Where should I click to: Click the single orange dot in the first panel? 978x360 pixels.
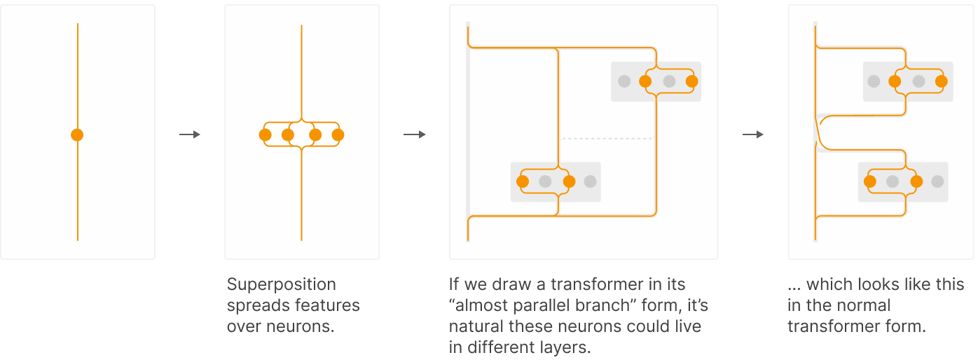click(77, 135)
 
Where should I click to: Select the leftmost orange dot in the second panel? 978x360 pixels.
click(265, 135)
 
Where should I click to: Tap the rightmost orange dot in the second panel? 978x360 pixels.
click(338, 135)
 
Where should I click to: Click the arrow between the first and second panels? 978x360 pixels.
click(190, 134)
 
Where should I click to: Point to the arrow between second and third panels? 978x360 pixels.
click(414, 134)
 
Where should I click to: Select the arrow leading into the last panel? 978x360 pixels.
click(752, 134)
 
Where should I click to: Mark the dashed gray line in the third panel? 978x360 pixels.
click(607, 139)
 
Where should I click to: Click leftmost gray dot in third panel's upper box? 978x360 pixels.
click(624, 81)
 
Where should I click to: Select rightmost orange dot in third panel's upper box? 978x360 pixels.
click(692, 81)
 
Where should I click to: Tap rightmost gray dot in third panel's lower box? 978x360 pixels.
click(590, 181)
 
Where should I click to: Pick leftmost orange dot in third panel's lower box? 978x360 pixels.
click(523, 181)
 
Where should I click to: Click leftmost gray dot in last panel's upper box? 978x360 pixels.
click(874, 81)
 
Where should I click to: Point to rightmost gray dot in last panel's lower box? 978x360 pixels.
click(937, 181)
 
